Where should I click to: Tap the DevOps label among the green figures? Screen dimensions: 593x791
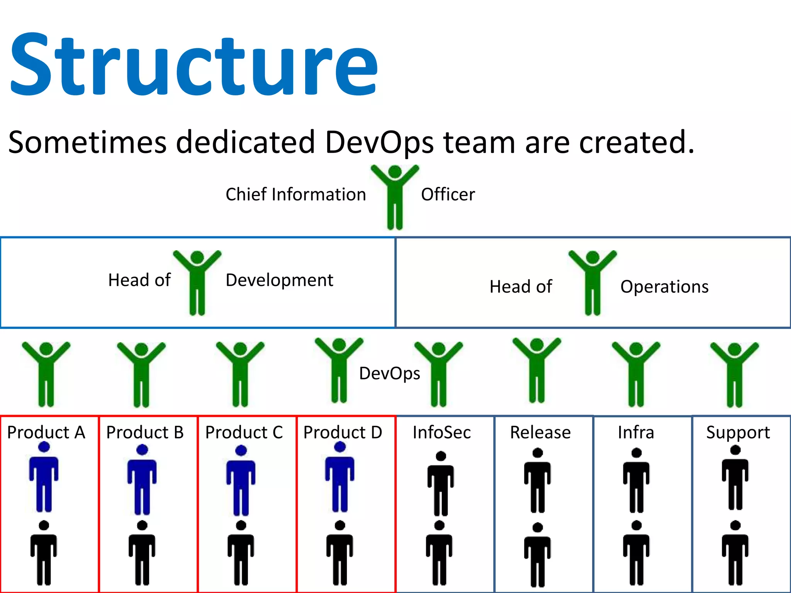389,374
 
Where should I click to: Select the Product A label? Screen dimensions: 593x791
46,432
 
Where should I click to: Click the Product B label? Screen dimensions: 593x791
145,432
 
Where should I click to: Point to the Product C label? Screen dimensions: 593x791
244,432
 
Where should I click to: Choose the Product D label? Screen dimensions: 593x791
343,432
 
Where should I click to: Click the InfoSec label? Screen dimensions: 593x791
441,432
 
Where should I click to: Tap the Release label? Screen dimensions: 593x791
540,432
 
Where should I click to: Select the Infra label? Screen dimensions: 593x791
636,432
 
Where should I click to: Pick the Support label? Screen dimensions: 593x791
738,432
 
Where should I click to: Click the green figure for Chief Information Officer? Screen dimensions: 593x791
395,197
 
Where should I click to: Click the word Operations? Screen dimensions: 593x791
664,287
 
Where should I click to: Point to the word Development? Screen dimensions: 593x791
279,280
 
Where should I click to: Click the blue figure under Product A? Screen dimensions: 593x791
44,479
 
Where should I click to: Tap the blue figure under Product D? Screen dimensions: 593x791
340,479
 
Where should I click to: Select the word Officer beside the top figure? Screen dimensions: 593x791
448,195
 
